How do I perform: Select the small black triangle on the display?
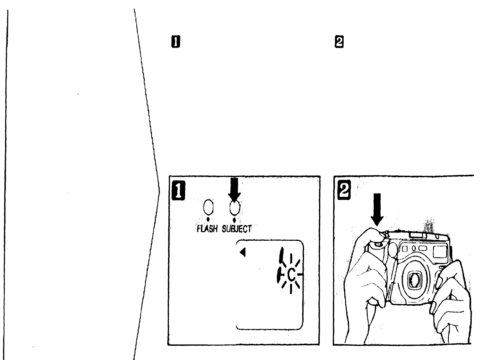(243, 253)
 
